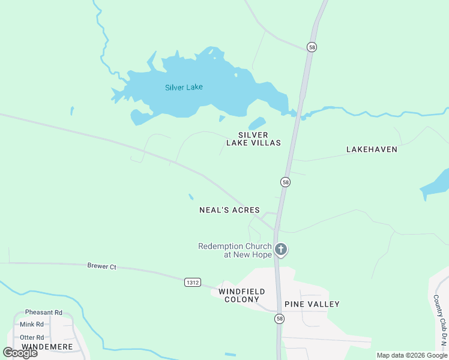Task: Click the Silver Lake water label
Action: tap(184, 87)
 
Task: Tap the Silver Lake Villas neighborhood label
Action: tap(253, 139)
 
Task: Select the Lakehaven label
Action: tap(372, 149)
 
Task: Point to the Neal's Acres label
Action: tap(229, 210)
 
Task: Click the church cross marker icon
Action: tap(280, 249)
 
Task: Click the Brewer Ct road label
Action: tap(101, 266)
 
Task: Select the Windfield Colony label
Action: tap(239, 295)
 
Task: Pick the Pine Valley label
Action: tap(312, 304)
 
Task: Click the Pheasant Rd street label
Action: tap(44, 313)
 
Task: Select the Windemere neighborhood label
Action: tap(47, 347)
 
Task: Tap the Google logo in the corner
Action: tap(20, 353)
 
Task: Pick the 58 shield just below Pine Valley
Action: tap(280, 319)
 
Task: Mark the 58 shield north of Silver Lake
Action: tap(312, 47)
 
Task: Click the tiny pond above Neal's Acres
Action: tap(191, 196)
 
